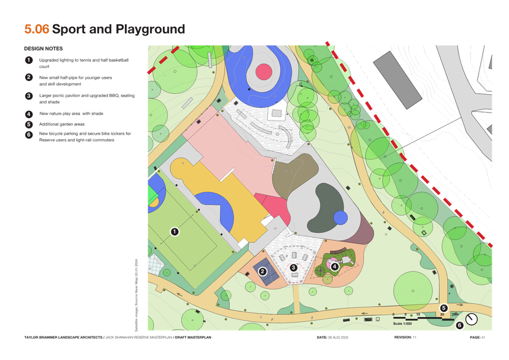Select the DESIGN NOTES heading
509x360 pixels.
[x=43, y=49]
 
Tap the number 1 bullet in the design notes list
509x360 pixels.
[x=29, y=60]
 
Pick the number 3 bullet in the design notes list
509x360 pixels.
[x=29, y=96]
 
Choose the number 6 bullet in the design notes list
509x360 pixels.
[x=29, y=134]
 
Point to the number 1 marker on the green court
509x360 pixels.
[x=174, y=231]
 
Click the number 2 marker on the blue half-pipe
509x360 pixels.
[x=263, y=271]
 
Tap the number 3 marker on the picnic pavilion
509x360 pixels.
[x=293, y=267]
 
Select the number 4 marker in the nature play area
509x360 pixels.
[x=334, y=267]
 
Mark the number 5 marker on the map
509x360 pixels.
[x=443, y=308]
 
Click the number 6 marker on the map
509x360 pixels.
[x=459, y=325]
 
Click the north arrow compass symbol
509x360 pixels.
[x=471, y=319]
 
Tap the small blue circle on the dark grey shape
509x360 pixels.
[x=340, y=218]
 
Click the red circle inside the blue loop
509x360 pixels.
[x=264, y=71]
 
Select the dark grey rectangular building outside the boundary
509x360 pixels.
[x=396, y=81]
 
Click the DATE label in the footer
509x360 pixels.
[x=322, y=338]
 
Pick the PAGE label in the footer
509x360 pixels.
[x=476, y=338]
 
